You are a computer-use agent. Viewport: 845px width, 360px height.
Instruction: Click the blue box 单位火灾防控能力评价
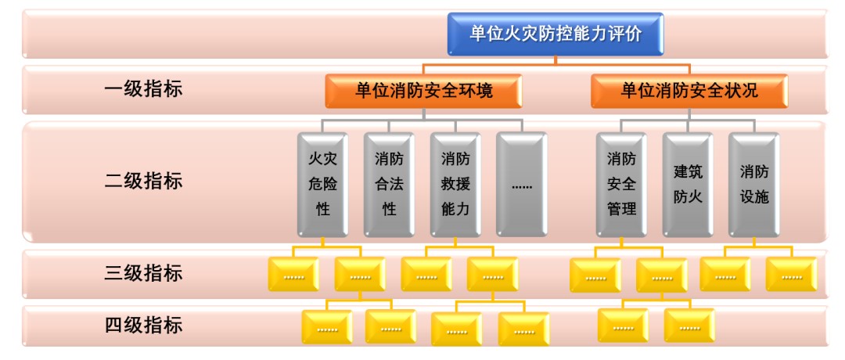556,34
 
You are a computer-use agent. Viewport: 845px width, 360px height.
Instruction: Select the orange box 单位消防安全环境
423,91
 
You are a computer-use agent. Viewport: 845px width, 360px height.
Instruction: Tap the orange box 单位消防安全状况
689,91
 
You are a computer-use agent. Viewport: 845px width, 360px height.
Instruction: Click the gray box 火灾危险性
322,184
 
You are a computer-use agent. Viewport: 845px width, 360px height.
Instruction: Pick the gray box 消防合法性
389,184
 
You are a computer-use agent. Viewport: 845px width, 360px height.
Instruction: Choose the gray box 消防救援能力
455,184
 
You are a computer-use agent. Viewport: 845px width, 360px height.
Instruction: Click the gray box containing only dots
521,184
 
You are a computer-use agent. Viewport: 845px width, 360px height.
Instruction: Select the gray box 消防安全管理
621,184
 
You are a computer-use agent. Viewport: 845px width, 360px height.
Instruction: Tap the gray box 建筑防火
688,184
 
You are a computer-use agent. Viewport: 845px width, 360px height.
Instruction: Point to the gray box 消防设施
754,184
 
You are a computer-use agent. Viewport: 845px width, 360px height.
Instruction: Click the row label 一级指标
143,88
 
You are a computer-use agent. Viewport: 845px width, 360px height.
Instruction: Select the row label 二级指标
143,181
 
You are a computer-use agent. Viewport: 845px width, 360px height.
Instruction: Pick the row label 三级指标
143,273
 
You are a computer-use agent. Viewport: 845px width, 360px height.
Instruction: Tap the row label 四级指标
143,324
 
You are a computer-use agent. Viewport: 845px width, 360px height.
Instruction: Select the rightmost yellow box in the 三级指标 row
791,275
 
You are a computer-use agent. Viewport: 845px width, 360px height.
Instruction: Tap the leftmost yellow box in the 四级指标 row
327,327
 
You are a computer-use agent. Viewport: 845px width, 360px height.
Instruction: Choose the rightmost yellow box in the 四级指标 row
689,326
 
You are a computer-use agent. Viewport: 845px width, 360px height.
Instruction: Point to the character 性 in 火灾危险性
322,209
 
